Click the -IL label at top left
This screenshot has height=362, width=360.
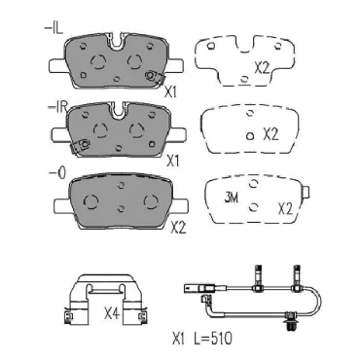coord(54,28)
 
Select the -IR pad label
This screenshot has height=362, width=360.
coord(57,108)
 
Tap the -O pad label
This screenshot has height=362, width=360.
coord(57,173)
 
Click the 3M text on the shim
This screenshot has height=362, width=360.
coord(232,197)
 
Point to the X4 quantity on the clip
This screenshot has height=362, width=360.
coord(112,313)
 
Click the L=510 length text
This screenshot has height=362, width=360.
coord(213,339)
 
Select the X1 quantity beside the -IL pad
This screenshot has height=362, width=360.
coord(170,92)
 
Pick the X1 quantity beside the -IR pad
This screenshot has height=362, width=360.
coord(172,162)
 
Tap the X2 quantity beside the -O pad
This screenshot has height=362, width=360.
coord(178,228)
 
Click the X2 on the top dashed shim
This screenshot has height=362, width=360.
coord(262,68)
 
